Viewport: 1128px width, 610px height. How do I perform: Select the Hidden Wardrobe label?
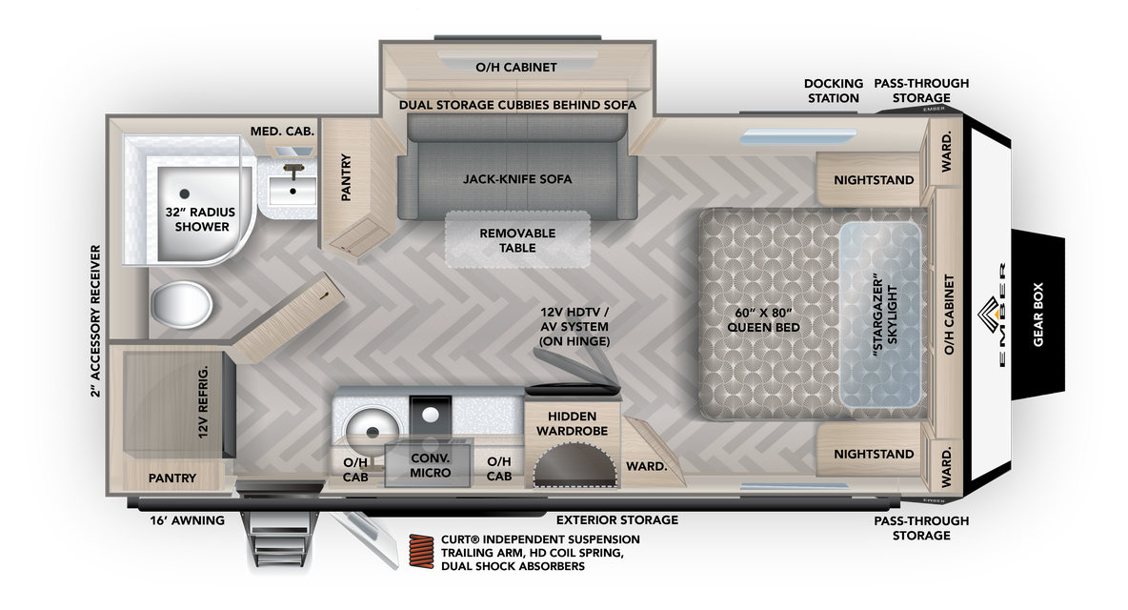click(572, 424)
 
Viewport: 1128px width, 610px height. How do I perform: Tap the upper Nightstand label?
click(873, 180)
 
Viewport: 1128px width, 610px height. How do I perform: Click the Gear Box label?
click(1037, 315)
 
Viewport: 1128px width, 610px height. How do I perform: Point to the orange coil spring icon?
click(422, 552)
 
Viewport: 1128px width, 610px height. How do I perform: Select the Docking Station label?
click(833, 91)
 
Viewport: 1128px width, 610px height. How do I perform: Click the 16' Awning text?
click(187, 520)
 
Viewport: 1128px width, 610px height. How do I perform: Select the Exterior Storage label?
click(617, 519)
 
